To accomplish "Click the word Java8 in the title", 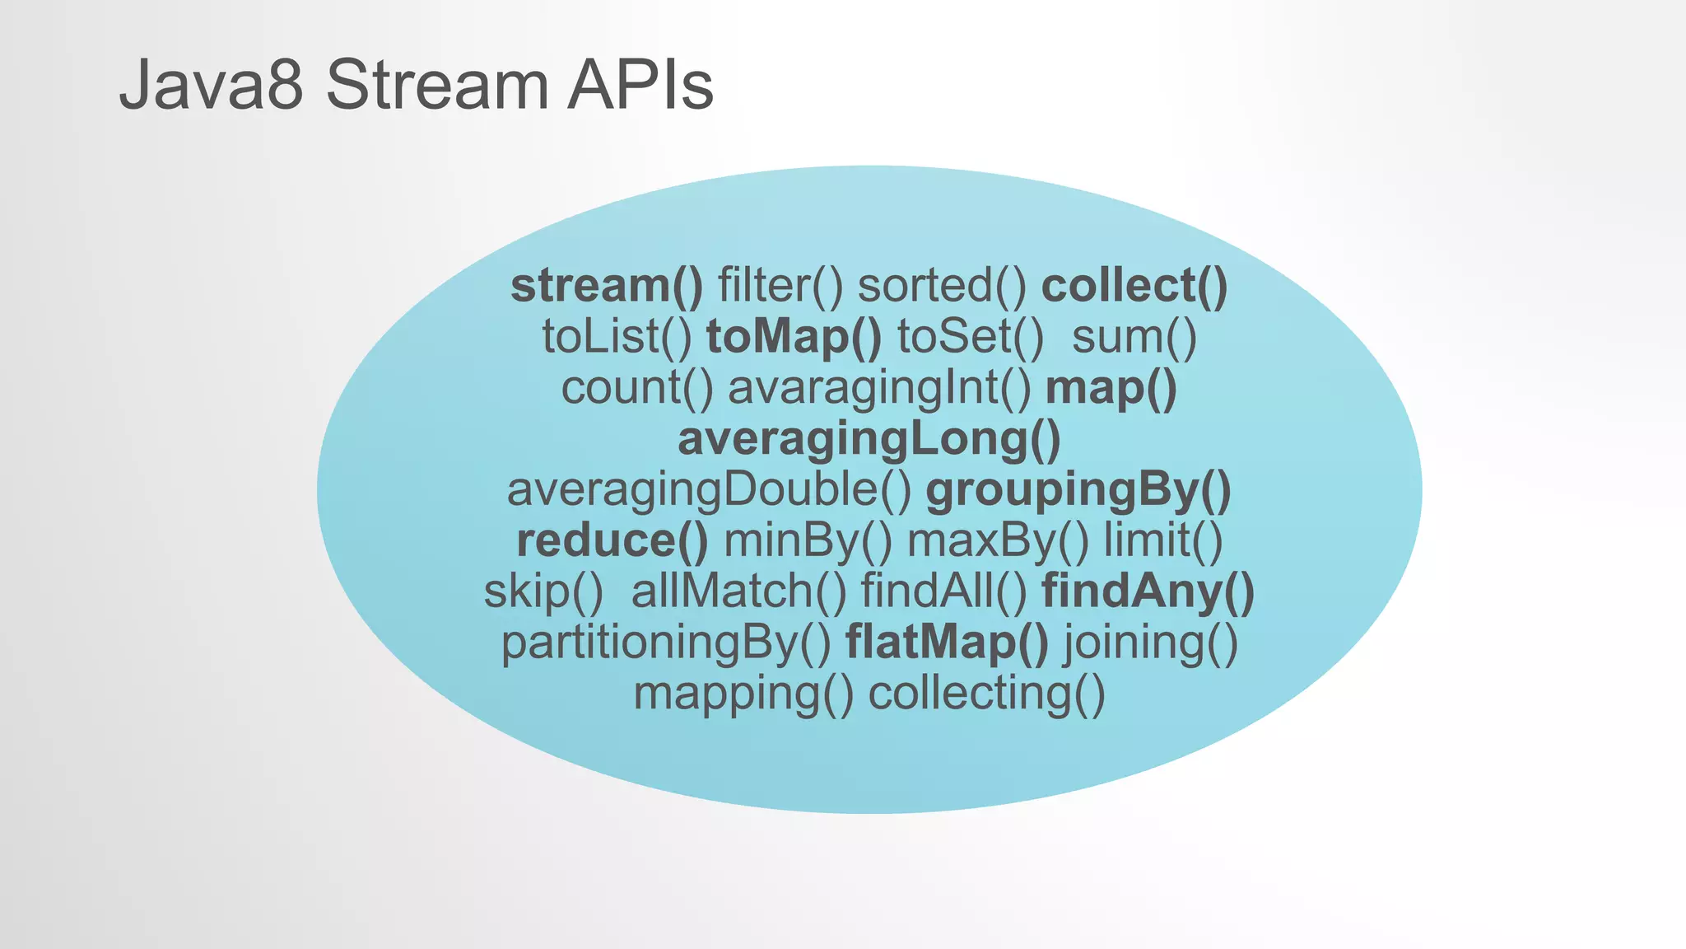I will point(211,85).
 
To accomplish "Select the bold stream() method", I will point(607,286).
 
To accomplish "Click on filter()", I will point(780,286).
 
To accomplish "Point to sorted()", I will point(942,286).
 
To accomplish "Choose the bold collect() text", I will point(1134,286).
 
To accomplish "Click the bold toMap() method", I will point(794,337).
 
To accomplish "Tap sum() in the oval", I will point(1134,337).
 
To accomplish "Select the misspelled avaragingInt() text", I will point(878,388).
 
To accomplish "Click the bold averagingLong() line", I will point(869,439).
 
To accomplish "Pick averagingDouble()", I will point(709,490).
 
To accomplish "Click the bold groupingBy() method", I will point(1078,490).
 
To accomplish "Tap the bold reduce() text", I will point(612,541).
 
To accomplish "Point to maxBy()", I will point(997,541).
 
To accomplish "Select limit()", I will point(1163,541).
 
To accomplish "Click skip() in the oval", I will point(543,592).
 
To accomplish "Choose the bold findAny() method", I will point(1148,592).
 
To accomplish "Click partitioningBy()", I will point(666,643).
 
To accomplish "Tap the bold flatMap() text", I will point(947,643).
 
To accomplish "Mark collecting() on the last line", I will point(986,694).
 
